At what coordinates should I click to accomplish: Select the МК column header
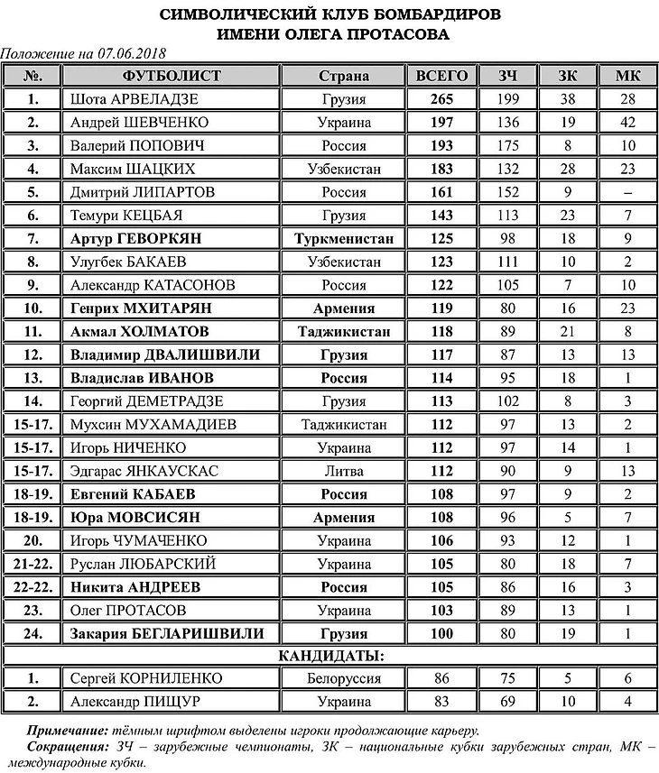click(627, 75)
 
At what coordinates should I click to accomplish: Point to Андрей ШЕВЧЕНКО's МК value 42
click(627, 122)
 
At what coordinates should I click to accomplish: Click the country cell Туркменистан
click(344, 239)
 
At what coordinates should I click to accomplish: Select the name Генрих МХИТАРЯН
click(147, 308)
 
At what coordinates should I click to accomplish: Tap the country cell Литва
click(344, 471)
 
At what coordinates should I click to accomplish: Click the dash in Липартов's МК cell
click(627, 192)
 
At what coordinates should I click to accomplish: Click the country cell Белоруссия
click(344, 678)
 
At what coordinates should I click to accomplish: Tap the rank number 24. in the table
click(33, 633)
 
